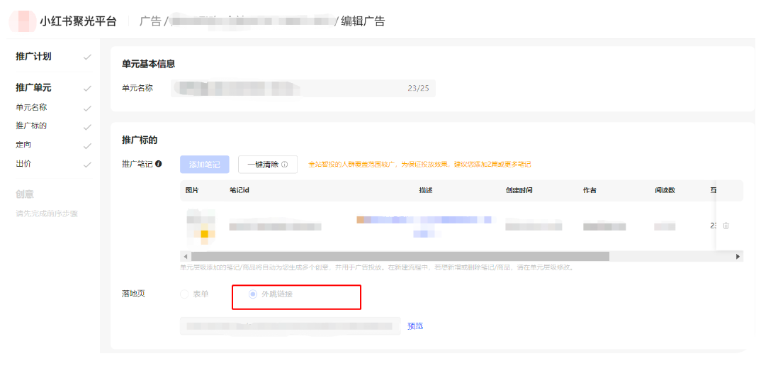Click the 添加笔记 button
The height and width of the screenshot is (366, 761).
[x=205, y=165]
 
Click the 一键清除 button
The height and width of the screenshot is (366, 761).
[x=267, y=165]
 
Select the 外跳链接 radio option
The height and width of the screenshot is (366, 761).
[x=253, y=294]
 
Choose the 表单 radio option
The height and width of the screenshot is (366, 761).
[x=185, y=294]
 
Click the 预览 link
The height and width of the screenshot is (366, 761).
[x=415, y=326]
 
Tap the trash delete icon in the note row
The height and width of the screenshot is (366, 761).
[x=726, y=226]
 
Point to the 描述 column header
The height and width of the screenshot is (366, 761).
[x=425, y=191]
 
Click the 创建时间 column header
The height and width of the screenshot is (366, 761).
[x=519, y=191]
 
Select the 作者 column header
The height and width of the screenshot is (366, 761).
[x=589, y=191]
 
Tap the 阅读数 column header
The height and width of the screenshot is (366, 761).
[x=664, y=191]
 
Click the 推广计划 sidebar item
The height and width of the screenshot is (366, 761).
[x=33, y=57]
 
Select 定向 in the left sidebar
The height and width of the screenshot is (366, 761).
[x=23, y=145]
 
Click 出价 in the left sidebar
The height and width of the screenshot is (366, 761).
[x=23, y=164]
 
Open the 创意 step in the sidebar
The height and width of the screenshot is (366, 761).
[x=25, y=194]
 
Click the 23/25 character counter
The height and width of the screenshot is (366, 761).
[x=418, y=89]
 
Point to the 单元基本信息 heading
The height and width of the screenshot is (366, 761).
[x=148, y=64]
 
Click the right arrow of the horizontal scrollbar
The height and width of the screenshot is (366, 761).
[x=738, y=256]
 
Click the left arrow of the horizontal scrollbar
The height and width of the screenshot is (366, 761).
[x=186, y=256]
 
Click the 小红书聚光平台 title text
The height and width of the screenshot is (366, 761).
[x=78, y=21]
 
